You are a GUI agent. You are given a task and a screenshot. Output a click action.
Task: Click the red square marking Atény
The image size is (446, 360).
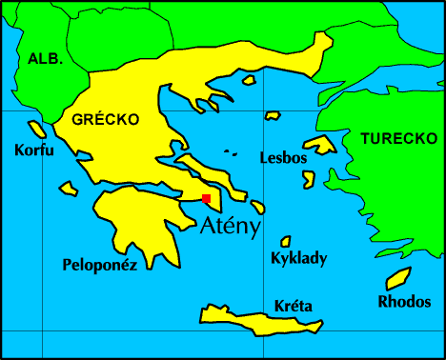point(206,198)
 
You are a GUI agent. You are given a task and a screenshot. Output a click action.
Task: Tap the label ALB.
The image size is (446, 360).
point(45,58)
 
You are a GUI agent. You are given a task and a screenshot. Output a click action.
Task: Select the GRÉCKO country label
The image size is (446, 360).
point(105,119)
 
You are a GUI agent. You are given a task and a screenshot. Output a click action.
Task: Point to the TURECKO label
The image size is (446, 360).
point(398,139)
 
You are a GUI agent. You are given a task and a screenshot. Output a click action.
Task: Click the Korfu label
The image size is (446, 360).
point(34,150)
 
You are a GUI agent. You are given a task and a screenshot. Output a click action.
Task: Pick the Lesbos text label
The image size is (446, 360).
point(283,158)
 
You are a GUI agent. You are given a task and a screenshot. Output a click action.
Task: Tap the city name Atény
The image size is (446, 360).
point(232,224)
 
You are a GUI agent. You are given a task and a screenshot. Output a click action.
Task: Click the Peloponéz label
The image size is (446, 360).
point(100,265)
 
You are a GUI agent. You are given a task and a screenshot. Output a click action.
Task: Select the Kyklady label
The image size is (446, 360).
point(298,258)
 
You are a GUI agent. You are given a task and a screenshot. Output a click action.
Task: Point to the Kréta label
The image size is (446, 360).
point(293,306)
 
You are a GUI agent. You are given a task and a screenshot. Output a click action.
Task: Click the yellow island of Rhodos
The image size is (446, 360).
point(397,278)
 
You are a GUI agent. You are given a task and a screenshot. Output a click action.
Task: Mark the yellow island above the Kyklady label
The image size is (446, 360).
point(285,241)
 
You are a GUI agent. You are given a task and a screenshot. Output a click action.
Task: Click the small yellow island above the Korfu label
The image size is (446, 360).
point(37,129)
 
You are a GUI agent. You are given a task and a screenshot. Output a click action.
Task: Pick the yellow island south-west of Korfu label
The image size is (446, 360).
point(69,188)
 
